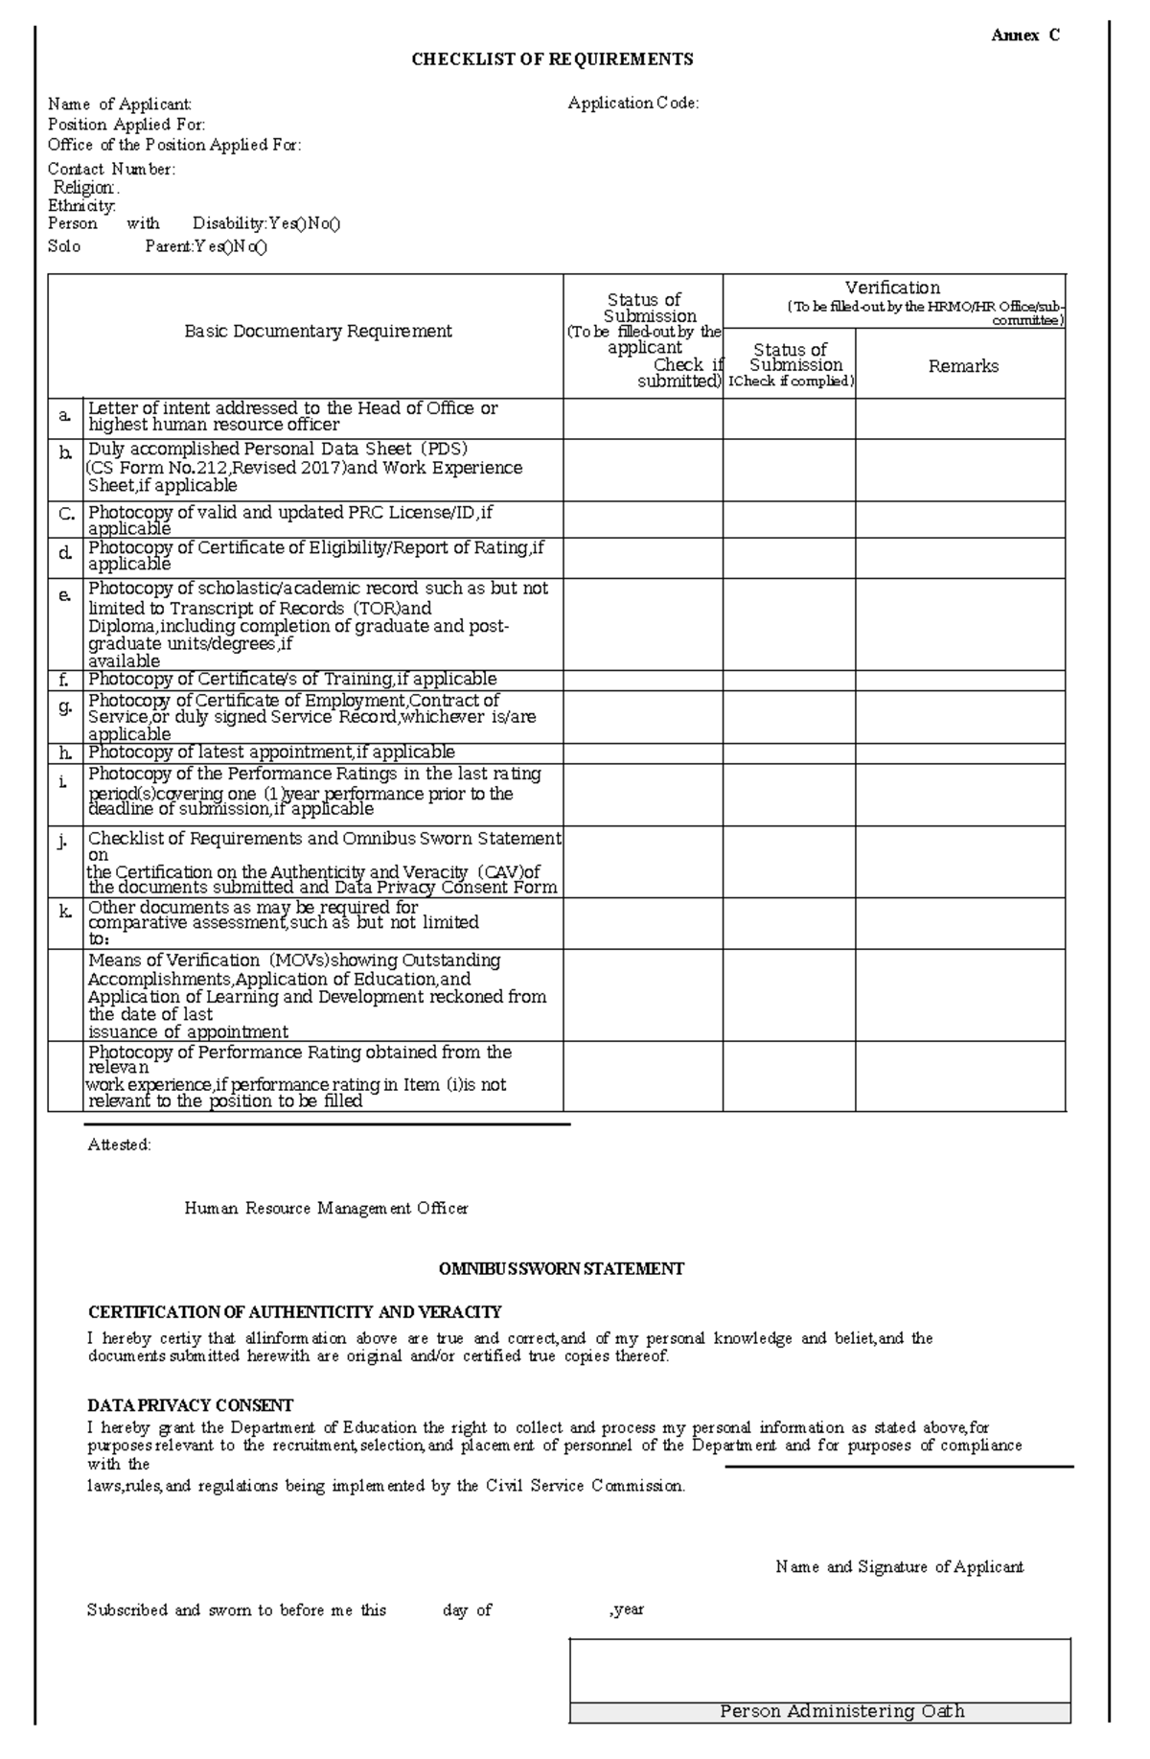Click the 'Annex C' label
click(x=1024, y=36)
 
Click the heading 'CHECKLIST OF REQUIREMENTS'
click(x=552, y=59)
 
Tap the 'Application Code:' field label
click(x=632, y=104)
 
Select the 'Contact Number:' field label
click(x=111, y=170)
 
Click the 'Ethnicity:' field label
click(x=81, y=206)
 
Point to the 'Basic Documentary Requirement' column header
click(x=317, y=332)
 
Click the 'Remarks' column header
click(x=962, y=366)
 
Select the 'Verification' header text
click(x=892, y=288)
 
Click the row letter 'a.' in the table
click(x=65, y=416)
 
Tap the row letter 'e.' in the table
click(x=65, y=595)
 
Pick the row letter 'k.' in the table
click(x=65, y=912)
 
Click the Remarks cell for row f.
click(x=960, y=681)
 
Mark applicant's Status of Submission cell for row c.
click(x=642, y=520)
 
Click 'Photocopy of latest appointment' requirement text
click(x=271, y=752)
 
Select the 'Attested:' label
click(x=119, y=1145)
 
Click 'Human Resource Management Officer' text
click(x=326, y=1209)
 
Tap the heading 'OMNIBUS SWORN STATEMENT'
click(x=561, y=1269)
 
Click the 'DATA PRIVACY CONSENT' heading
click(x=190, y=1405)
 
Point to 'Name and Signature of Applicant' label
click(x=899, y=1567)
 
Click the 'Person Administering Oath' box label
click(x=841, y=1711)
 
